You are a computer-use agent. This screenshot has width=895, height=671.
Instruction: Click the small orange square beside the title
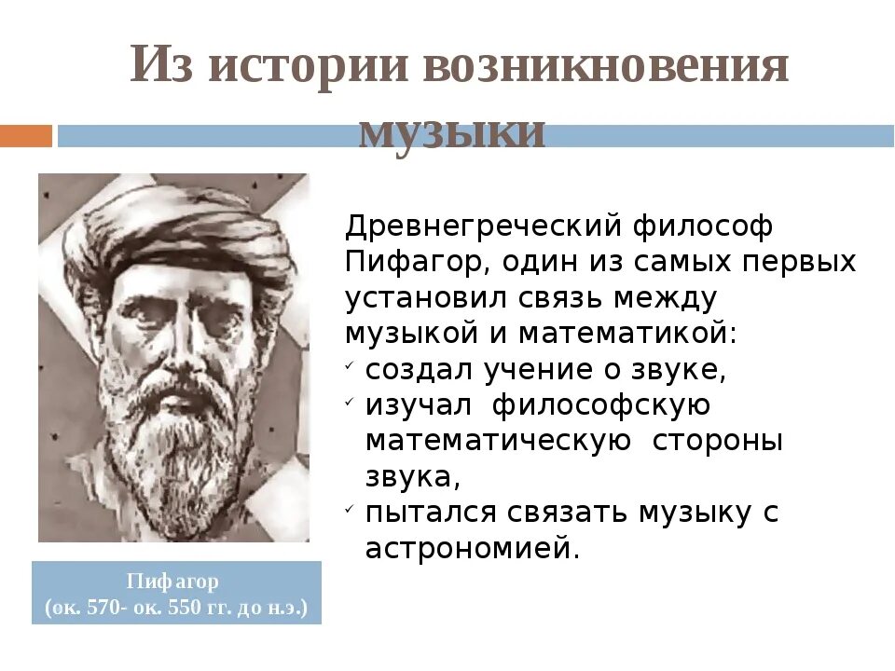pyautogui.click(x=25, y=136)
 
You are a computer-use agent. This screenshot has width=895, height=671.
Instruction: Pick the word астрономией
pyautogui.click(x=473, y=548)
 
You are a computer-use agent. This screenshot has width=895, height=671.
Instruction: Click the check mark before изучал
pyautogui.click(x=348, y=401)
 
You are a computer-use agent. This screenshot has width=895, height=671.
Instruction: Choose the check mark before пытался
pyautogui.click(x=348, y=509)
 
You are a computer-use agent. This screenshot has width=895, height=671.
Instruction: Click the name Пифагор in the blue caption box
pyautogui.click(x=176, y=582)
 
